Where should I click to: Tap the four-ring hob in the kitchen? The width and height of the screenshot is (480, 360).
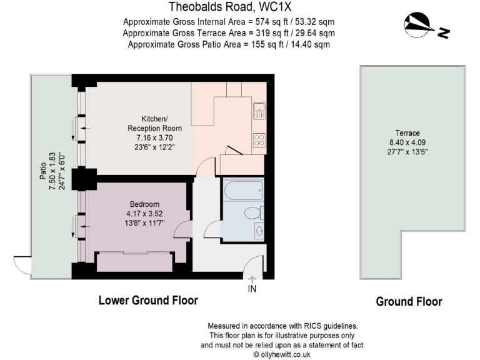click(x=259, y=139)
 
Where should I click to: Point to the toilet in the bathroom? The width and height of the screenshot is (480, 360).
click(x=251, y=212)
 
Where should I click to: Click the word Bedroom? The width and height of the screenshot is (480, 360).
click(x=144, y=204)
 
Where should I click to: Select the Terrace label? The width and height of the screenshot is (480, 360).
click(x=407, y=133)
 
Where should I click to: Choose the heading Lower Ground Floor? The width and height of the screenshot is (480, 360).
click(x=148, y=301)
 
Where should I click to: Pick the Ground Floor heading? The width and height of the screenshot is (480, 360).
click(x=409, y=302)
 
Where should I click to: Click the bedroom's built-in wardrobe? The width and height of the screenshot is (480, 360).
click(x=134, y=261)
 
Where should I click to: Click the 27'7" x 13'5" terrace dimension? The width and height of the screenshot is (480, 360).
click(x=407, y=152)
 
